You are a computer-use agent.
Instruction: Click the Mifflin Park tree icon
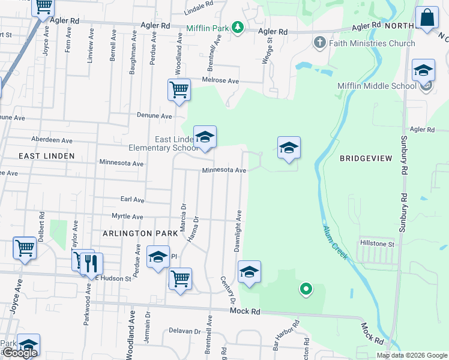pyautogui.click(x=238, y=28)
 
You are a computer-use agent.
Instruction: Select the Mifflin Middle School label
pyautogui.click(x=376, y=86)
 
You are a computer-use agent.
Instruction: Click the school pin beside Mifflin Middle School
pyautogui.click(x=423, y=71)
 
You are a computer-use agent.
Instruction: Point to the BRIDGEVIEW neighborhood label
pyautogui.click(x=366, y=158)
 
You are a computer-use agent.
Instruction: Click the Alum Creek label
pyautogui.click(x=334, y=242)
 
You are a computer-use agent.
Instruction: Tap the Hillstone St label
pyautogui.click(x=376, y=244)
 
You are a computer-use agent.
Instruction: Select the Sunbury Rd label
pyautogui.click(x=403, y=212)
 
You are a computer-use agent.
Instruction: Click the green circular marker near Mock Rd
pyautogui.click(x=306, y=290)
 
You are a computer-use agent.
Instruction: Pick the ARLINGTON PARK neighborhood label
pyautogui.click(x=140, y=232)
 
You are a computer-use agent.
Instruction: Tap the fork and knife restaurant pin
pyautogui.click(x=91, y=263)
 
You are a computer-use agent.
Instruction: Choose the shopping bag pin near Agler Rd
pyautogui.click(x=427, y=19)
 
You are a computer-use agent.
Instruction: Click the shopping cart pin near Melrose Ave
pyautogui.click(x=179, y=91)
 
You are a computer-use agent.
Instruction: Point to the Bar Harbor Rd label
pyautogui.click(x=286, y=337)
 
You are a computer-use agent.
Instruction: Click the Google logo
pyautogui.click(x=19, y=353)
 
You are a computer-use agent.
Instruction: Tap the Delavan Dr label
pyautogui.click(x=184, y=331)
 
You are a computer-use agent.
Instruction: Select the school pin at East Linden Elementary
pyautogui.click(x=205, y=137)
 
